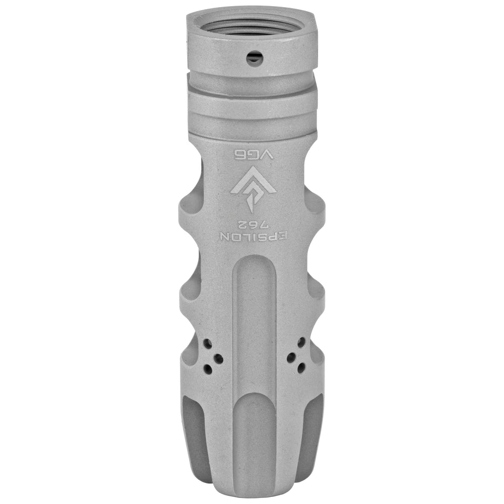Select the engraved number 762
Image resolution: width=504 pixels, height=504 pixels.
pos(252,224)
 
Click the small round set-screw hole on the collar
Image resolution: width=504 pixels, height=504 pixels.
pos(255,58)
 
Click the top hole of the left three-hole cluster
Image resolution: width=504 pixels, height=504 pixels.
pos(208,344)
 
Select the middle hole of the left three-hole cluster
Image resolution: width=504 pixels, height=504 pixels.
pos(219,358)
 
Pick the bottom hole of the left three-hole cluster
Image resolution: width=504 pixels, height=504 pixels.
pos(208,369)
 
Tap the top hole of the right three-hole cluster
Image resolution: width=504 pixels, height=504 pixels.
pos(301,342)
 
